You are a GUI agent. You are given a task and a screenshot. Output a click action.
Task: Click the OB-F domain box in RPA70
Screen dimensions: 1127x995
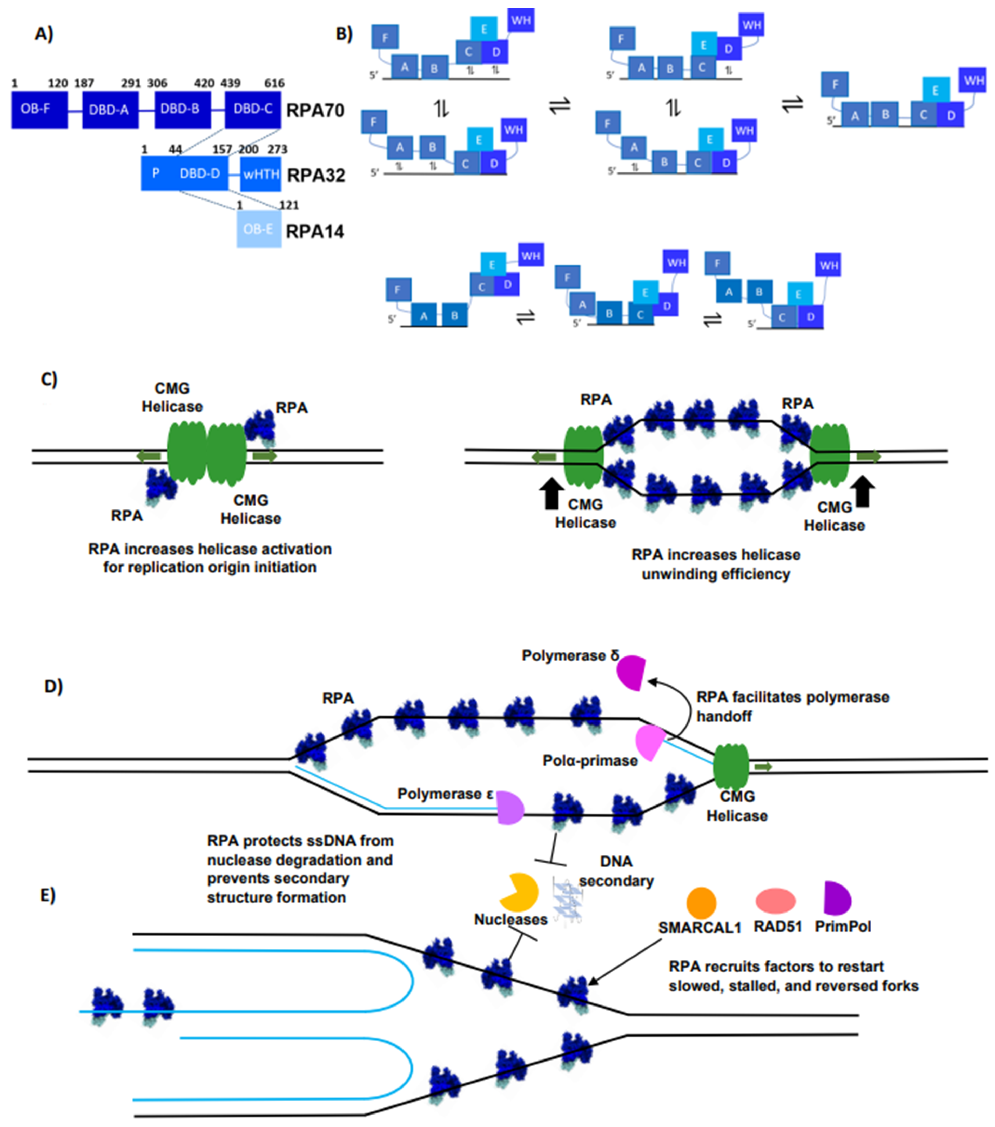(39, 110)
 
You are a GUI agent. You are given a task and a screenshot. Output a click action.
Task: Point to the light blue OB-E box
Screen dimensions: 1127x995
(259, 229)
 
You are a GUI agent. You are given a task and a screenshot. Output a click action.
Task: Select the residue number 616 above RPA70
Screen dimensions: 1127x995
(274, 83)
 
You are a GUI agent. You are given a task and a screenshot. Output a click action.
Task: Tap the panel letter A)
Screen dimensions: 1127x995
(44, 34)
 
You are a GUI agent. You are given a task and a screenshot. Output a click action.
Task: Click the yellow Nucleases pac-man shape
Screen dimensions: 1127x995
(518, 892)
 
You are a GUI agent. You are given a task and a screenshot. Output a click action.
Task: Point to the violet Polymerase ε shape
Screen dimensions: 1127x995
(509, 808)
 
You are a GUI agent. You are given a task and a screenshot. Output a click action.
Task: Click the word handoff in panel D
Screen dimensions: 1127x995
(724, 716)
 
